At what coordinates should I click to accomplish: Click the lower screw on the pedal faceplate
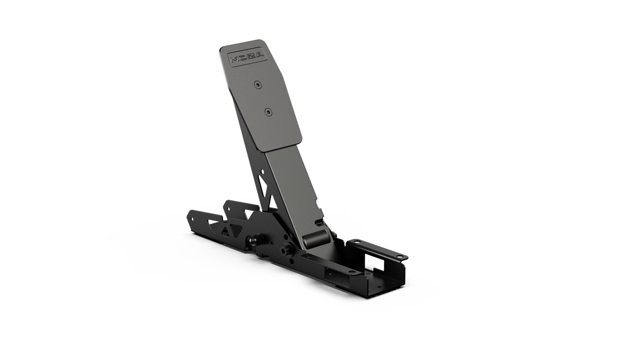tap(268, 111)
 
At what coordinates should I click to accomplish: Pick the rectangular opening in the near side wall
tap(331, 274)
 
